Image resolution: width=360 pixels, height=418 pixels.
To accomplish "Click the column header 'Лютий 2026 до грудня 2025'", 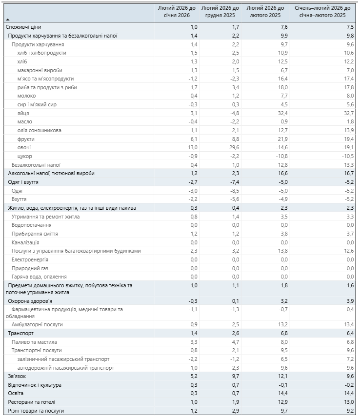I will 220,12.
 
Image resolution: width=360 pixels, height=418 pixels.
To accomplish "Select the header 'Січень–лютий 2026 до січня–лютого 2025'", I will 322,12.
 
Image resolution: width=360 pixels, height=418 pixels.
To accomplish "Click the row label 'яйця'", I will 23,113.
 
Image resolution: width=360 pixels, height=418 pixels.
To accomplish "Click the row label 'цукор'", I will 24,156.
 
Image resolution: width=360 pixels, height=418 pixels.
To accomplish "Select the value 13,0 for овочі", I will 192,147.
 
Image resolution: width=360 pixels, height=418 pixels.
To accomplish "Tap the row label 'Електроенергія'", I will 30,259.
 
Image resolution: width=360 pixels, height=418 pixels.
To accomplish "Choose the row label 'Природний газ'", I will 30,268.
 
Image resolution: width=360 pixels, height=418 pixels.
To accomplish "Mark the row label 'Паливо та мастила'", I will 34,342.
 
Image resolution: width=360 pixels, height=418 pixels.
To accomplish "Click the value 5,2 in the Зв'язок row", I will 193,376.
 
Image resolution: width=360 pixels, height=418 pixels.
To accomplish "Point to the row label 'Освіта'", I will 16,393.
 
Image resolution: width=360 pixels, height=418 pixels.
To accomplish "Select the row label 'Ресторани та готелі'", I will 31,402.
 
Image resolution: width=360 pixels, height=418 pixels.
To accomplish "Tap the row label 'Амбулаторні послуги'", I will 37,324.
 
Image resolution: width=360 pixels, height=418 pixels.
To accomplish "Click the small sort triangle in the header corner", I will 7,20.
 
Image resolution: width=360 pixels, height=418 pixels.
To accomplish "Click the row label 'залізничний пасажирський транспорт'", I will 63,359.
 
